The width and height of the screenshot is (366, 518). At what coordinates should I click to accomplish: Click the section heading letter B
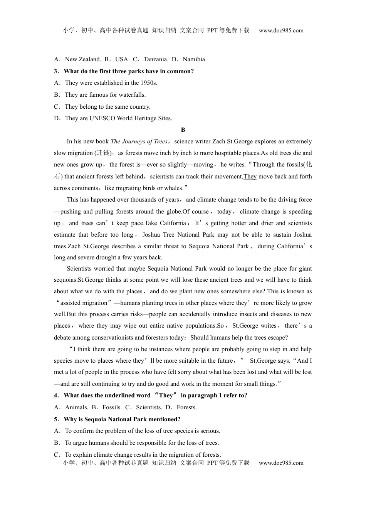[183, 130]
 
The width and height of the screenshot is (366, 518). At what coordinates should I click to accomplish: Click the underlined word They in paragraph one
[250, 177]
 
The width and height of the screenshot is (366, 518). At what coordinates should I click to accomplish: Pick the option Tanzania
[156, 59]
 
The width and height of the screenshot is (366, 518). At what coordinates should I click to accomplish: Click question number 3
[56, 71]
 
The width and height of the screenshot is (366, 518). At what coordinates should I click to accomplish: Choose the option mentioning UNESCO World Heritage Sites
[118, 118]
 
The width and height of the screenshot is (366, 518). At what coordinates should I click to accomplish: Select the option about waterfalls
[105, 95]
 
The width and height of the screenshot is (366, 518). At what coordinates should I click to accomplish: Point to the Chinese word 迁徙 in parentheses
[103, 153]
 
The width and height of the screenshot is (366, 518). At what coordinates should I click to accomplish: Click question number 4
[56, 395]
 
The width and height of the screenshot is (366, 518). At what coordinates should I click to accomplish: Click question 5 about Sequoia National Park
[122, 419]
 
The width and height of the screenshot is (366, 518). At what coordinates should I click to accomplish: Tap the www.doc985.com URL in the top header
[281, 30]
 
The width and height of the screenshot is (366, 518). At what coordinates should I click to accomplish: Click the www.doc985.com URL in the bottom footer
[281, 463]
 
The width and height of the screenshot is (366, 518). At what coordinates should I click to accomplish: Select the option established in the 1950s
[111, 83]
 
